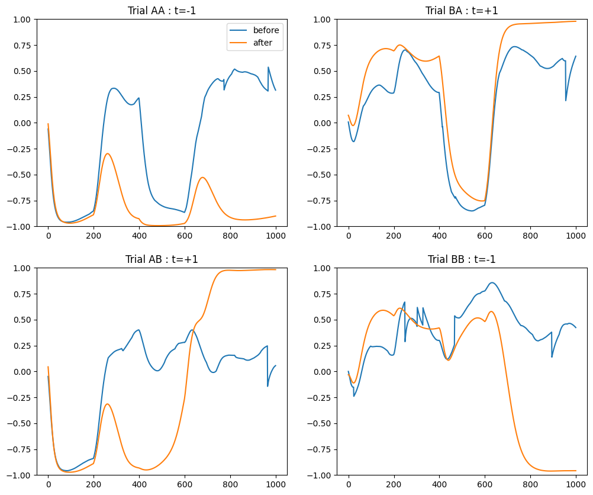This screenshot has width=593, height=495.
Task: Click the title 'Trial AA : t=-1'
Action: (162, 11)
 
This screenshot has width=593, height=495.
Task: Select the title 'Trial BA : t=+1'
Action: (462, 11)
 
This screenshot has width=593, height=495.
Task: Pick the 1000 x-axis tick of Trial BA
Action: (576, 235)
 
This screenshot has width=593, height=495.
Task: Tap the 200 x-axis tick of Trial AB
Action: (94, 484)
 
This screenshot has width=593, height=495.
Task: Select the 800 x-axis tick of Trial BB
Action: (530, 484)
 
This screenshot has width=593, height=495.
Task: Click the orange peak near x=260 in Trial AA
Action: (107, 154)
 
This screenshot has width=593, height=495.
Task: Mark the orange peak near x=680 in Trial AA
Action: (202, 178)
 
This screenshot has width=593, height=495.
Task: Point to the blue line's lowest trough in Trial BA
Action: (472, 211)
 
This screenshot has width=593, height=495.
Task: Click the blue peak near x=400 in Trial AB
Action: (138, 330)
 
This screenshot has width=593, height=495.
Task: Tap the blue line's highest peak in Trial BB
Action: (492, 282)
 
